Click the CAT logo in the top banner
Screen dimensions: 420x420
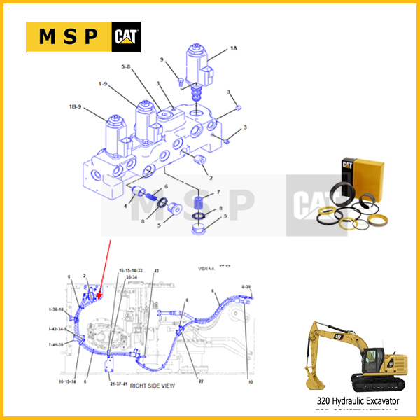coord(126,37)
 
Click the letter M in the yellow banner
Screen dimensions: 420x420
coord(43,38)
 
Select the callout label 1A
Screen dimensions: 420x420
coord(234,48)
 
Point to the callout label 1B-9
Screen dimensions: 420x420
coord(75,106)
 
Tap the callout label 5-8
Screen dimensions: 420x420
coord(126,68)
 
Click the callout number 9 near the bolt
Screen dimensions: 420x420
coord(161,60)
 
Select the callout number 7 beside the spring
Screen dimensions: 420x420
coord(218,192)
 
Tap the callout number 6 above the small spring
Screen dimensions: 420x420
coord(165,187)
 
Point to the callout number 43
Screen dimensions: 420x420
coord(157,271)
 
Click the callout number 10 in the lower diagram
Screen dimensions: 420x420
coord(250,381)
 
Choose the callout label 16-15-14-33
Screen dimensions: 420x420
coord(130,270)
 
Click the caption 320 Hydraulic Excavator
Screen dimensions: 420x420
coord(358,401)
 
